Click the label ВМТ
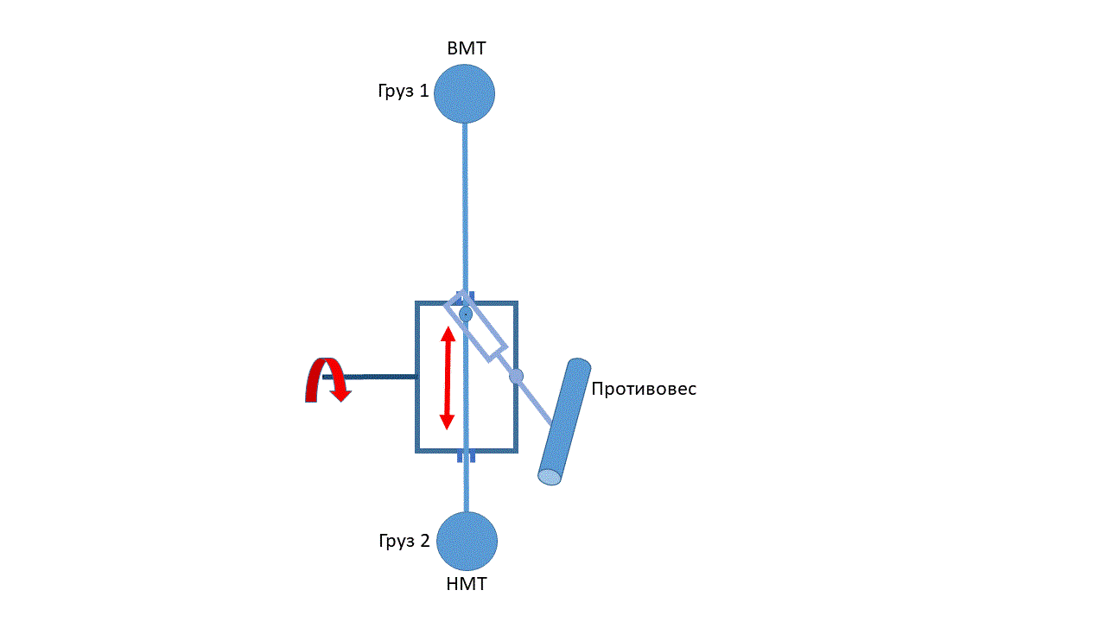click(x=466, y=48)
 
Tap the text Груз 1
click(x=403, y=91)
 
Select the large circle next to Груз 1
click(x=464, y=93)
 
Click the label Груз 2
click(x=404, y=541)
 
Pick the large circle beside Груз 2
click(x=467, y=542)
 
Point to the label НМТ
click(x=467, y=584)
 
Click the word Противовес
click(x=644, y=389)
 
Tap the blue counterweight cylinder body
click(x=564, y=419)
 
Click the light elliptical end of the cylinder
click(x=550, y=477)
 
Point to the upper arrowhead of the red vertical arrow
click(x=448, y=335)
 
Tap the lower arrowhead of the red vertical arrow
click(x=447, y=421)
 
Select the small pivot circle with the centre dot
click(x=466, y=314)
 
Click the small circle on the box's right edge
click(x=516, y=376)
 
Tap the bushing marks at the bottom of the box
click(x=466, y=456)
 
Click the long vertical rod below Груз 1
click(x=465, y=207)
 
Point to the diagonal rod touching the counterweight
click(x=536, y=402)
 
